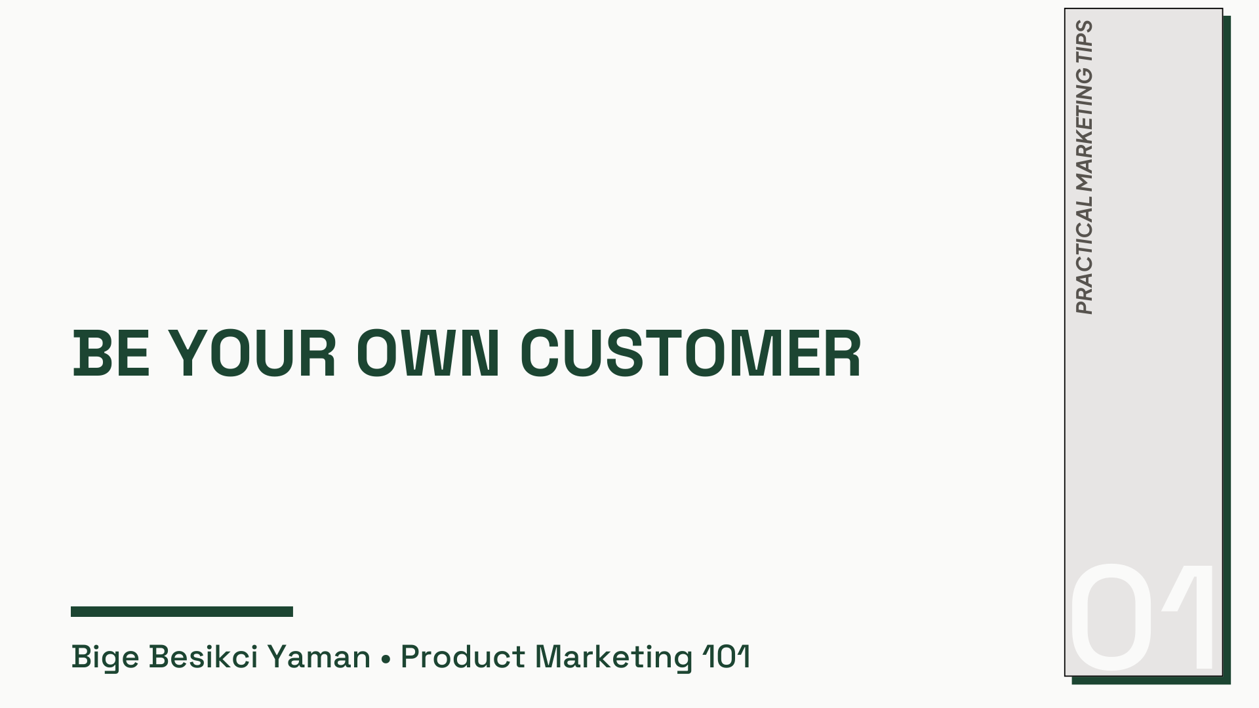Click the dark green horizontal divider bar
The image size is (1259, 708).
(182, 612)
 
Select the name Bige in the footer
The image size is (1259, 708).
(105, 657)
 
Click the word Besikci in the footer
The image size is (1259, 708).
(203, 657)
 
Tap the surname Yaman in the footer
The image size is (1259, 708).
(319, 657)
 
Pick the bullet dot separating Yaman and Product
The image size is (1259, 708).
(386, 658)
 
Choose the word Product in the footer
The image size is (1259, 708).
(463, 657)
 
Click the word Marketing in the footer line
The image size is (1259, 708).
(614, 657)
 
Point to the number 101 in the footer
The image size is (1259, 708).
(726, 657)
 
